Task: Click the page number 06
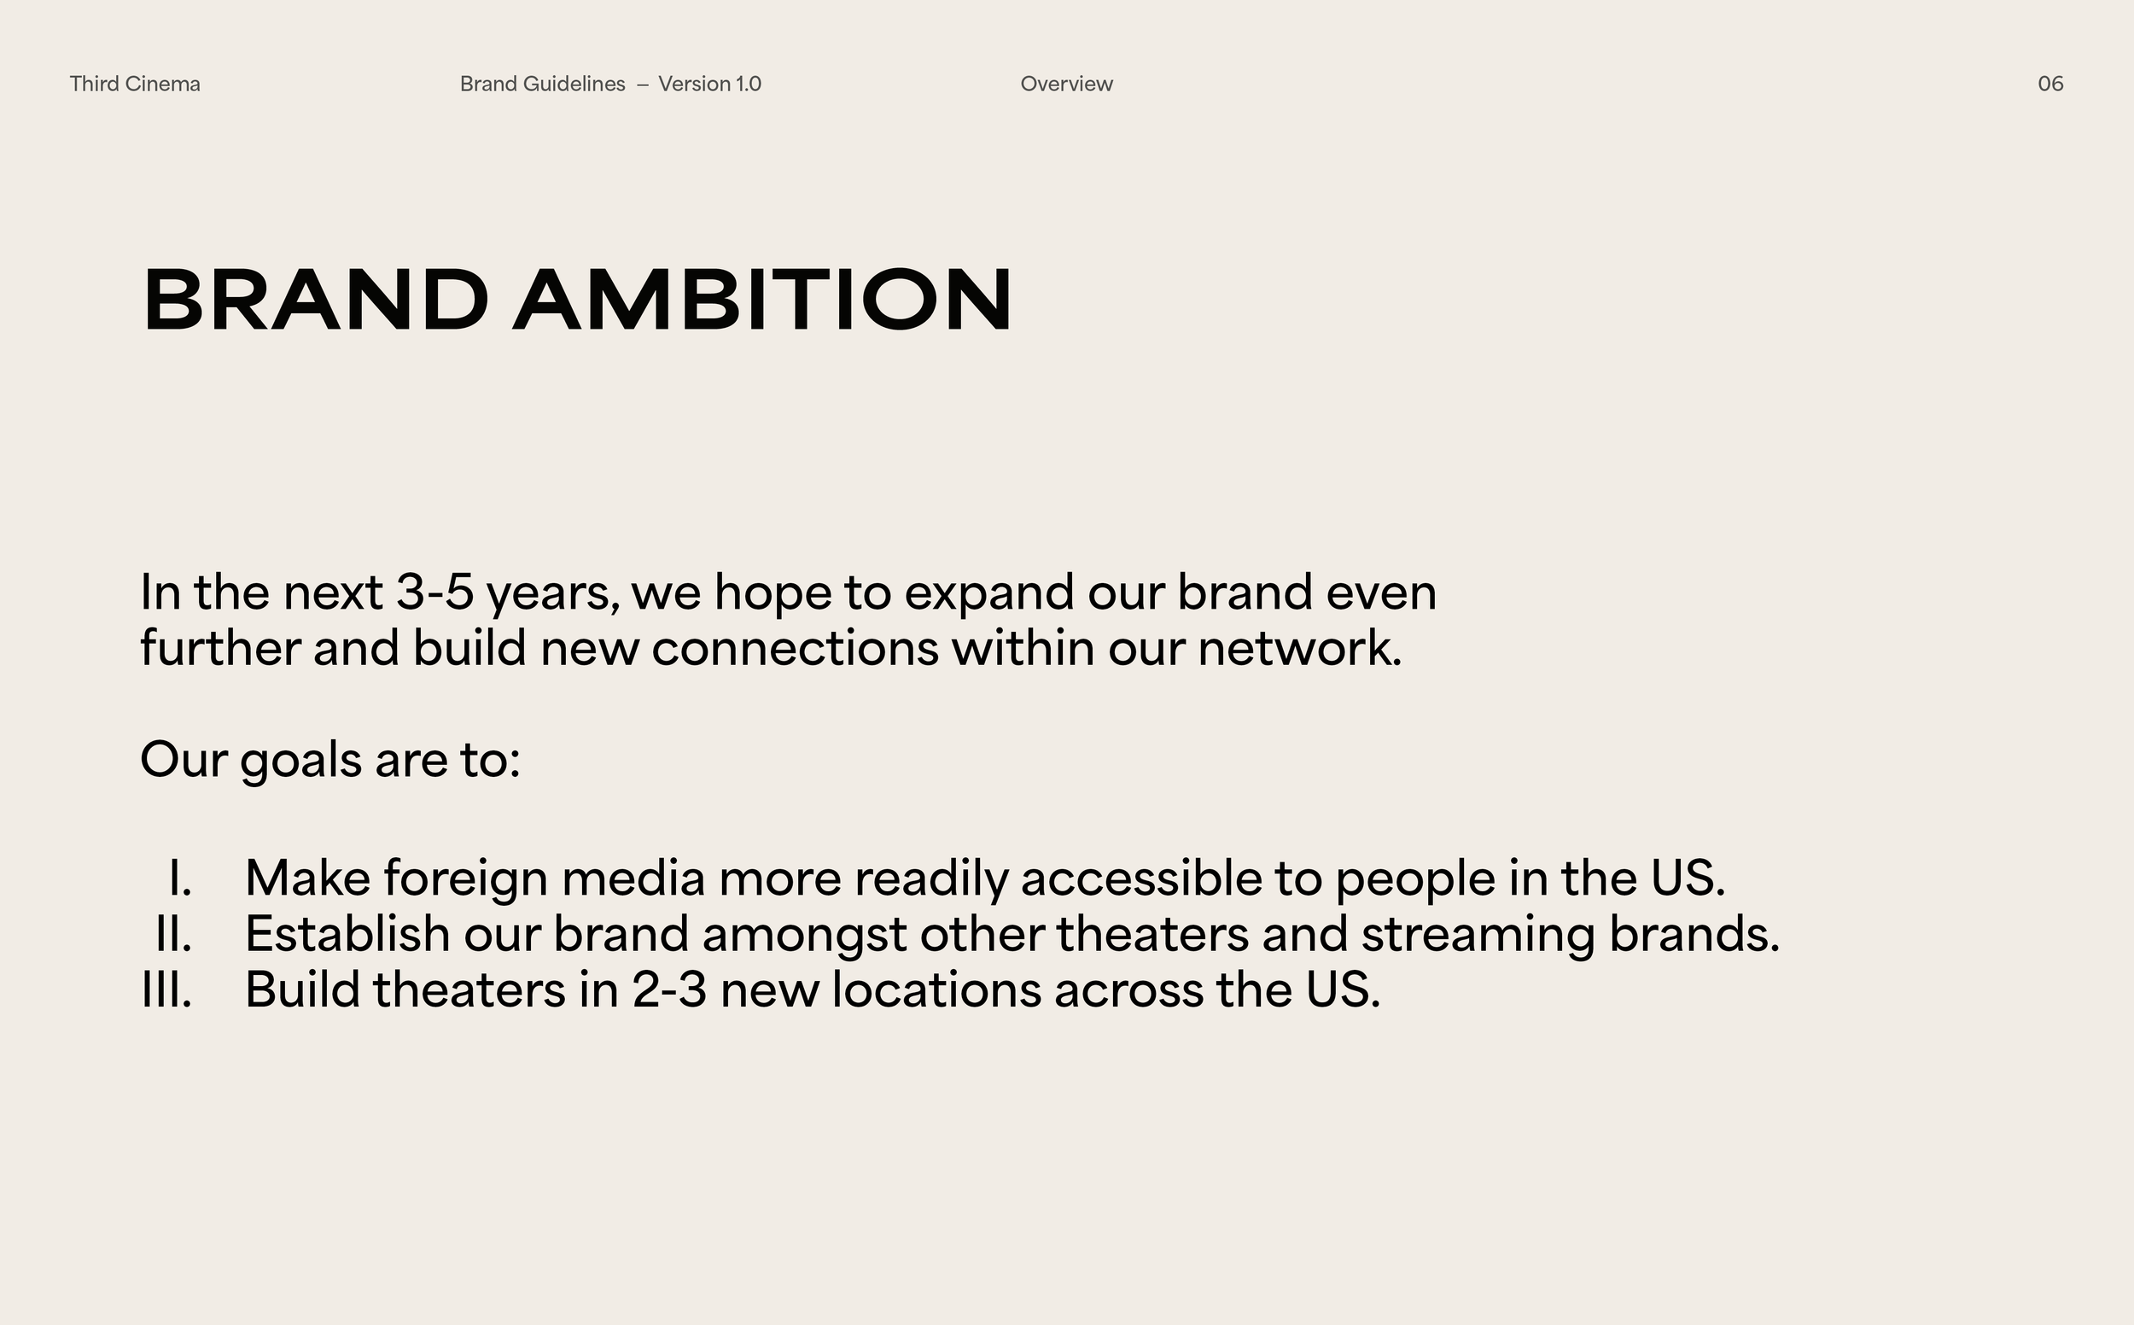coord(2049,85)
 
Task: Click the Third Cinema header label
coord(135,85)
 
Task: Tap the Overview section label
coord(1066,85)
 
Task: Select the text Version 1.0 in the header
coord(709,85)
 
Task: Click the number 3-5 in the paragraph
coord(434,592)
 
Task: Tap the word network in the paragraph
coord(1299,649)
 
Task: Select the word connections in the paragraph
coord(795,649)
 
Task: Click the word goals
coord(300,761)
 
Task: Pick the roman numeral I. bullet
coord(179,878)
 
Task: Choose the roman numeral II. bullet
coord(172,934)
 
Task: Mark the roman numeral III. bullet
coord(166,990)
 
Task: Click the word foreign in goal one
coord(465,880)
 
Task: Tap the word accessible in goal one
coord(1140,878)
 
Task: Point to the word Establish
coord(347,934)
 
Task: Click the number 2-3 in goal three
coord(669,990)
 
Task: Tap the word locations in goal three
coord(936,990)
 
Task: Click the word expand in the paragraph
coord(989,594)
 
